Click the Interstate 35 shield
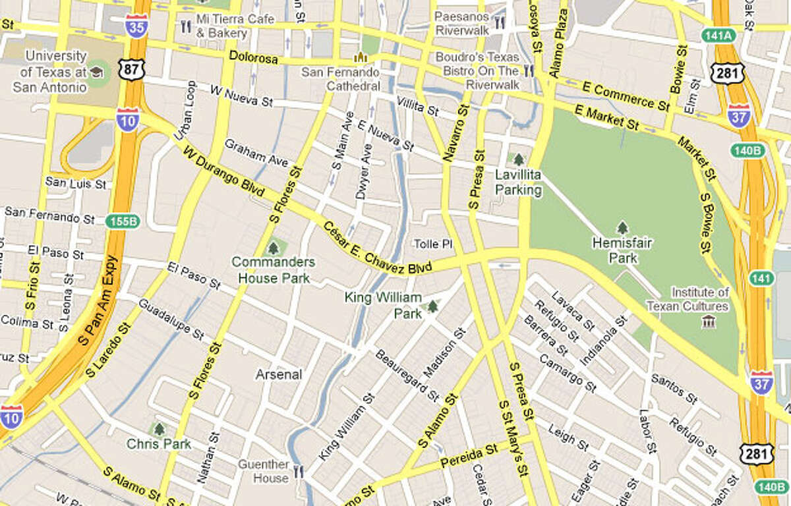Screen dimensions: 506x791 (137, 24)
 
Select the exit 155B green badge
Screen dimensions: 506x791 (123, 221)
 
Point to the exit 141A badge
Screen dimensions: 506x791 (718, 36)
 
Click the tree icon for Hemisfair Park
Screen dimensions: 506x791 (622, 228)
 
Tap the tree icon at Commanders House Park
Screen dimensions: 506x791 (273, 248)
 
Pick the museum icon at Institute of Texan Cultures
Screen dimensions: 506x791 (709, 321)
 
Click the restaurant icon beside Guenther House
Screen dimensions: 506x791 (299, 472)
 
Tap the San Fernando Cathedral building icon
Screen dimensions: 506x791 (360, 57)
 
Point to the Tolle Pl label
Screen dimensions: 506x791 (433, 244)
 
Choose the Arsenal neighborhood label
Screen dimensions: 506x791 (279, 374)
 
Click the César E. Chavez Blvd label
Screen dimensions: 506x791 (378, 248)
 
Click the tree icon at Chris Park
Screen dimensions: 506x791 (158, 429)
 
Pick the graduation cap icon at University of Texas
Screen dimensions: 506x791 (96, 71)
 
